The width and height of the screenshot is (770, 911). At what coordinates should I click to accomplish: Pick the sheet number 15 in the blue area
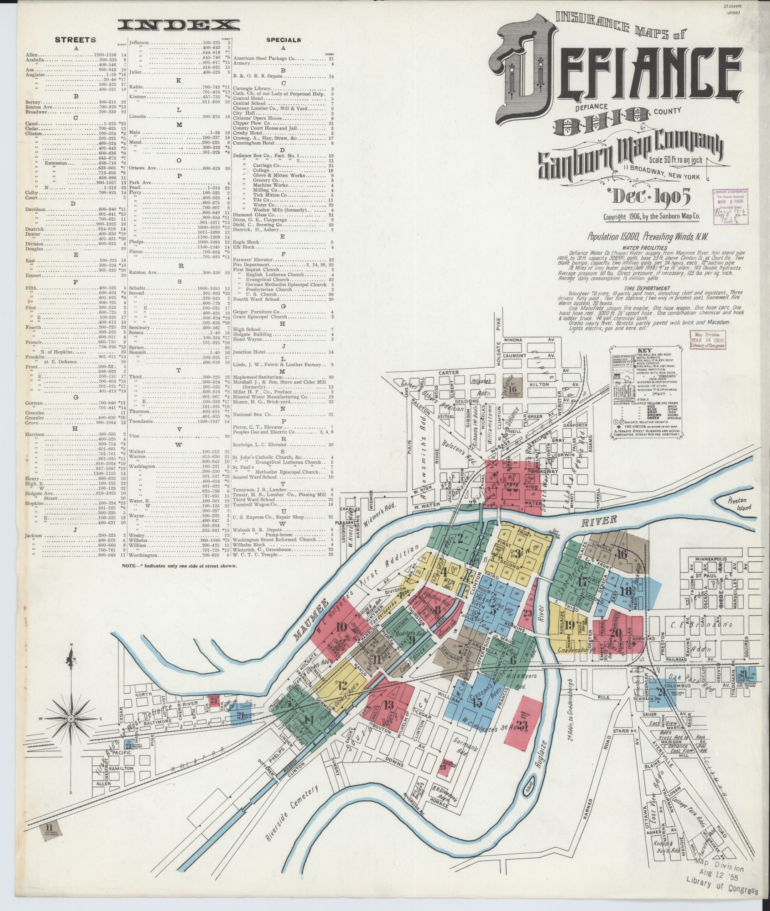(477, 702)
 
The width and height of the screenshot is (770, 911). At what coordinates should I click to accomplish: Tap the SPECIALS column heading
(283, 40)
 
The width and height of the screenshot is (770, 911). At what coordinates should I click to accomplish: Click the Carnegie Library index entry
(252, 89)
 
